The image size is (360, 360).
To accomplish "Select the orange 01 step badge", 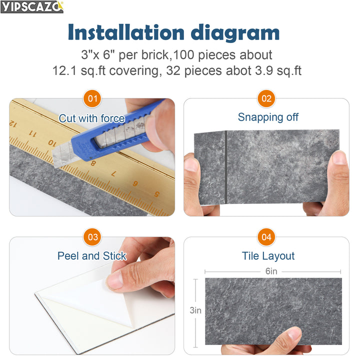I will tap(92, 98).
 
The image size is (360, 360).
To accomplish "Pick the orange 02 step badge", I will tap(266, 98).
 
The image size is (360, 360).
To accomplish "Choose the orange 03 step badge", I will tap(92, 237).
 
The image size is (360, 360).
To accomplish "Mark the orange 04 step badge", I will tap(266, 237).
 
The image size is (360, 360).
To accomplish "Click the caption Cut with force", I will tap(91, 118).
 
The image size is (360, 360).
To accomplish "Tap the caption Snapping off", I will tap(268, 117).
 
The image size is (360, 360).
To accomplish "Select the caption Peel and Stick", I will tap(91, 256).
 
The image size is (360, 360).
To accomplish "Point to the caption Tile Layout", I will tap(268, 256).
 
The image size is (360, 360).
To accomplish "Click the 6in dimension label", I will tap(271, 271).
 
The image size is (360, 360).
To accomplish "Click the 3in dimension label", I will tap(195, 310).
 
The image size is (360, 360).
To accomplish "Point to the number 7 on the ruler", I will tap(113, 173).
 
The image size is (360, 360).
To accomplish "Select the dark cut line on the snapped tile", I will tap(226, 167).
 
